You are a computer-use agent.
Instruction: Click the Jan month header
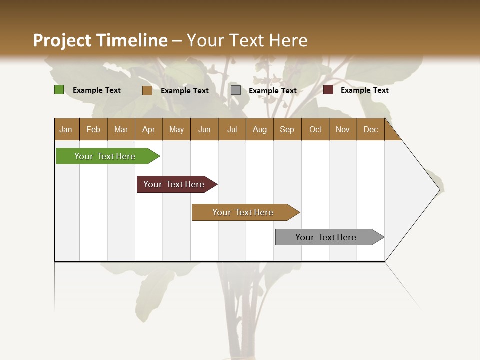click(66, 129)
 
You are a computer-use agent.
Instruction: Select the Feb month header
click(93, 129)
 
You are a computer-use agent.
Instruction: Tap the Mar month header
click(121, 129)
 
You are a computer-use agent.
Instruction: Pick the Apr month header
click(149, 129)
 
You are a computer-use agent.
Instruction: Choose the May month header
click(176, 129)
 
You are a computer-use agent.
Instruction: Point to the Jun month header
click(204, 129)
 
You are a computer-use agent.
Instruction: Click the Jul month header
click(232, 129)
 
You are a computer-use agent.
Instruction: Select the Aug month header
click(260, 129)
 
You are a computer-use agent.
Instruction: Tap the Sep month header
click(287, 129)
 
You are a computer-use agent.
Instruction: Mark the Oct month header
click(315, 129)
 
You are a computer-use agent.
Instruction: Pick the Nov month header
click(343, 129)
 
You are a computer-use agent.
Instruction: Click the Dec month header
click(371, 129)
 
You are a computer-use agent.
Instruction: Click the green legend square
click(59, 90)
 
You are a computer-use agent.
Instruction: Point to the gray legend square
click(236, 90)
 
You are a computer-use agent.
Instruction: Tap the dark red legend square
click(328, 90)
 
